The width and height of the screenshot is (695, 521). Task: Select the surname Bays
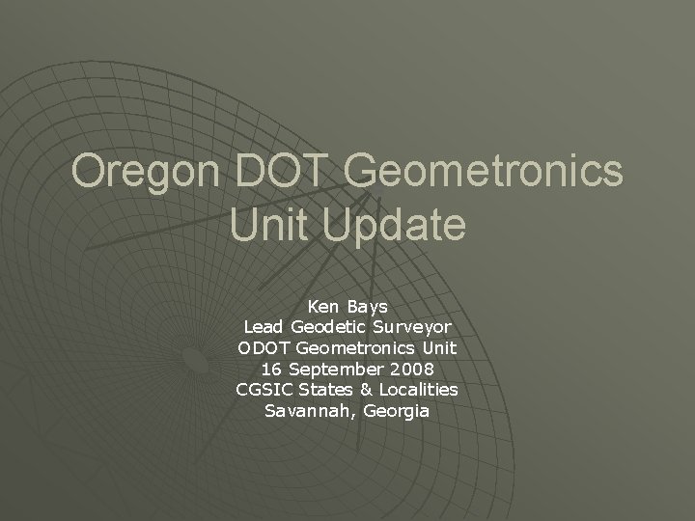[x=369, y=307]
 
